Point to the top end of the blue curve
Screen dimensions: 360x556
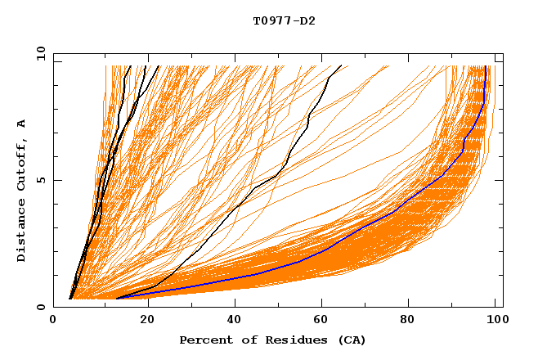pos(486,67)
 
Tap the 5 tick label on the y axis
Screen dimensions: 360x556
pos(40,180)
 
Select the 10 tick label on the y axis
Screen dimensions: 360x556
pos(38,53)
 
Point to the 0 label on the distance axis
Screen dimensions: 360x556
pos(40,307)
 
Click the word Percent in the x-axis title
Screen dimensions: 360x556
pos(204,340)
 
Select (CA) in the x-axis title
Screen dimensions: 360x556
pos(342,340)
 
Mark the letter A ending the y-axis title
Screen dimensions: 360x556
pos(22,124)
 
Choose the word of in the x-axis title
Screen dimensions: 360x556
pos(241,340)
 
